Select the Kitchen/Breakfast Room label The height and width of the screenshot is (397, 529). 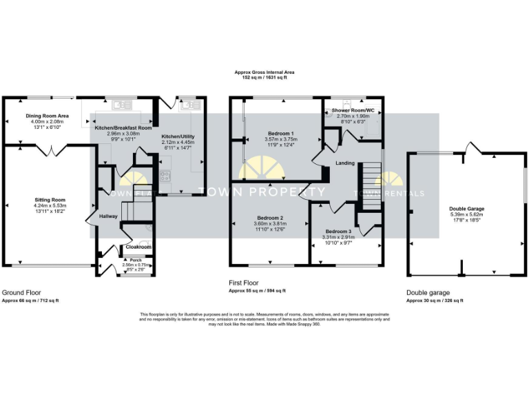click(x=123, y=128)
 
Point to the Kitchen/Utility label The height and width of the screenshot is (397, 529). click(x=178, y=136)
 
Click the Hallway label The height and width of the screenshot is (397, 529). click(x=108, y=216)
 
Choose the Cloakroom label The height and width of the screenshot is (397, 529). click(x=138, y=247)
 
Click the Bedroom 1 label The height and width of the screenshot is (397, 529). click(x=280, y=133)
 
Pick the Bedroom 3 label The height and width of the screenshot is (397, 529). click(x=338, y=231)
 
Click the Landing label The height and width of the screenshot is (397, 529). click(x=345, y=163)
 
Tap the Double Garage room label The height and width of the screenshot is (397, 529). click(x=466, y=208)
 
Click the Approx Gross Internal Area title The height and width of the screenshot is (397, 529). click(x=264, y=72)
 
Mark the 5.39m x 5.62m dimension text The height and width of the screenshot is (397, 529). click(x=466, y=214)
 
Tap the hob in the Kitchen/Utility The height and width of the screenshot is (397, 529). click(x=165, y=176)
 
